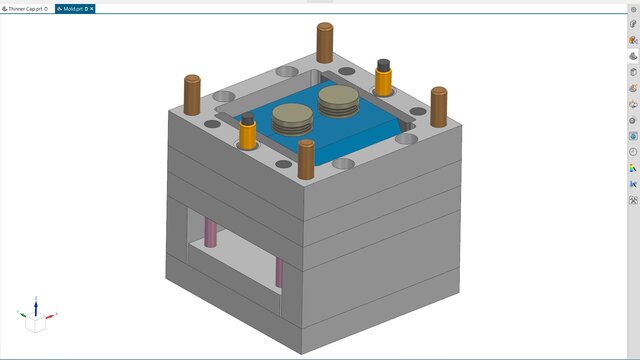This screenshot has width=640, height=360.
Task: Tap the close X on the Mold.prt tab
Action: pos(93,8)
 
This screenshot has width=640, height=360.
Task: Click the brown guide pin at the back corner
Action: pos(325,42)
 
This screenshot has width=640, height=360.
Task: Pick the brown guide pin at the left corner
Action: pos(192,95)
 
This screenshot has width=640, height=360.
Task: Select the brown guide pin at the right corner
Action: pos(438,105)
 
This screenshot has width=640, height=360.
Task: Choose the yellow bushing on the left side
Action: pos(247,137)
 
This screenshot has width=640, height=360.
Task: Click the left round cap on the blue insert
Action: pos(292,119)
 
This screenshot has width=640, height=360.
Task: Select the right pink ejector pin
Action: pos(279,270)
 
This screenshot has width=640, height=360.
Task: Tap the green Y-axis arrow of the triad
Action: pos(20,314)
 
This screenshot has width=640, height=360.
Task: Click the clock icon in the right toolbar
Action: pos(633,152)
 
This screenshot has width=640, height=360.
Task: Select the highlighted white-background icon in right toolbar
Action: pos(633,57)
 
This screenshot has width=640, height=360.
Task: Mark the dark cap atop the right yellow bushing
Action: pos(382,64)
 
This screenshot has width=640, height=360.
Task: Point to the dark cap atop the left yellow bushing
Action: pos(247,118)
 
